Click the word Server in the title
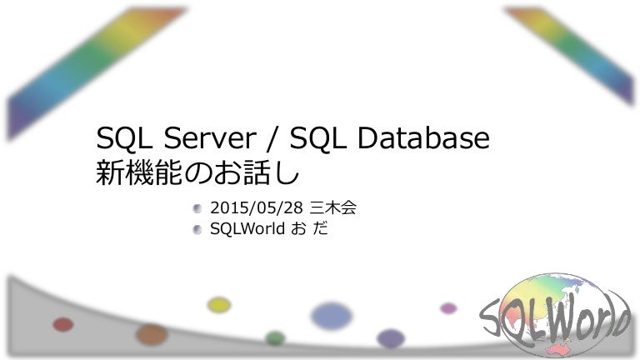pos(210,137)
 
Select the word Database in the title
pos(423,137)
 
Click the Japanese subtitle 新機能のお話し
pos(197,172)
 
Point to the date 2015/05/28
pos(257,208)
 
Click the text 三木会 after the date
pos(333,207)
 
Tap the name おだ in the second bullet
pos(309,228)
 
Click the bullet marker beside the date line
pos(197,208)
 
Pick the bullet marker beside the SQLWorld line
pos(197,229)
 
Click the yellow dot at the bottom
pos(219,305)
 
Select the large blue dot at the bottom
pos(332,316)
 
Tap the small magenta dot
pos(448,307)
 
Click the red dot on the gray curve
pos(63,324)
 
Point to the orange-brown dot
pos(152,334)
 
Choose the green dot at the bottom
pos(275,338)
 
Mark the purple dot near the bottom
pos(391,338)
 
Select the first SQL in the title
pos(124,137)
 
